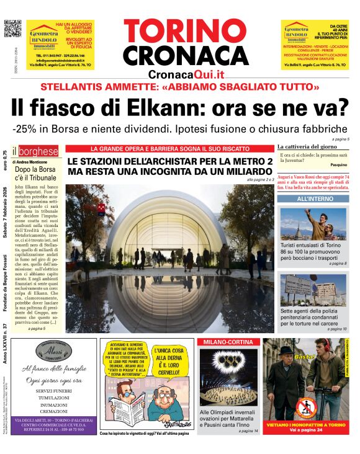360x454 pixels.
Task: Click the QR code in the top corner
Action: [x=12, y=29]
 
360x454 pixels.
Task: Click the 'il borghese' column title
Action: [x=38, y=151]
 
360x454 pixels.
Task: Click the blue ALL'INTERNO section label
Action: [x=313, y=199]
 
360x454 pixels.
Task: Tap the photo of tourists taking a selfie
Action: [x=313, y=224]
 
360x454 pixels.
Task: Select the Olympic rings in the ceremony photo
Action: [x=228, y=362]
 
